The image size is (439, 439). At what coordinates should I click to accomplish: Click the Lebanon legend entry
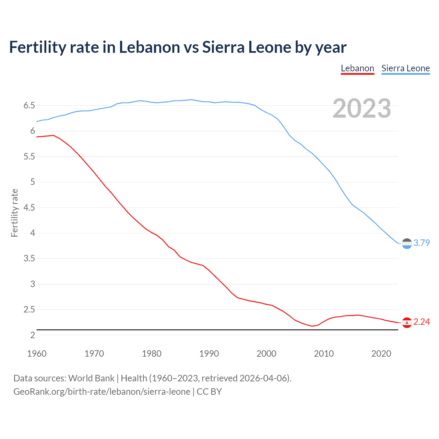coord(357,68)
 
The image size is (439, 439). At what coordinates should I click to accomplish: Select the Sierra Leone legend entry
coord(405,68)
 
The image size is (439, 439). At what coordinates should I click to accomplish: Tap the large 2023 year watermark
coord(361,108)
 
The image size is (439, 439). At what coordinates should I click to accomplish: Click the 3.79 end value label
coord(422,243)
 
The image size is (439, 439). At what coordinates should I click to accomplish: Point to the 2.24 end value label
coord(422,322)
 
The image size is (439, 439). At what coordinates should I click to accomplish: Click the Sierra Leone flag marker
coord(407,244)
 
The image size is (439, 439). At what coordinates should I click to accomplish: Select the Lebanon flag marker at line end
coord(407,322)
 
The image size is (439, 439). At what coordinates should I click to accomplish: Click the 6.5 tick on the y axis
coord(29,105)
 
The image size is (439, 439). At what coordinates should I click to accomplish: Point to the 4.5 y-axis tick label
coord(29,207)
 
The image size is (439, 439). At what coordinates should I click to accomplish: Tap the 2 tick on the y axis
coord(33,335)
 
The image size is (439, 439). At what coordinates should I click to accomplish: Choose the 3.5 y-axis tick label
coord(29,258)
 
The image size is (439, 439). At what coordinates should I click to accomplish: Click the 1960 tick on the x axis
coord(37,354)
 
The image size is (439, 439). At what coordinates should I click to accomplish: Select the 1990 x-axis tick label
coord(209,354)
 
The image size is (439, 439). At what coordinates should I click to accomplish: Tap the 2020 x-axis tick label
coord(381,354)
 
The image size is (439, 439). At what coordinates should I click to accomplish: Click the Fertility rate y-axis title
coord(14,213)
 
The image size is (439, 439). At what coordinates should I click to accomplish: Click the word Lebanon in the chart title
coord(149,47)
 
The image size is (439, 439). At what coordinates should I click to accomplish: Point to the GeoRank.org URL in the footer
coord(102,391)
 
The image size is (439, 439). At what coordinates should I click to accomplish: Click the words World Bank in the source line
coord(91,378)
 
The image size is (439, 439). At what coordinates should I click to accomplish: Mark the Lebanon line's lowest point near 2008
coord(312,326)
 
